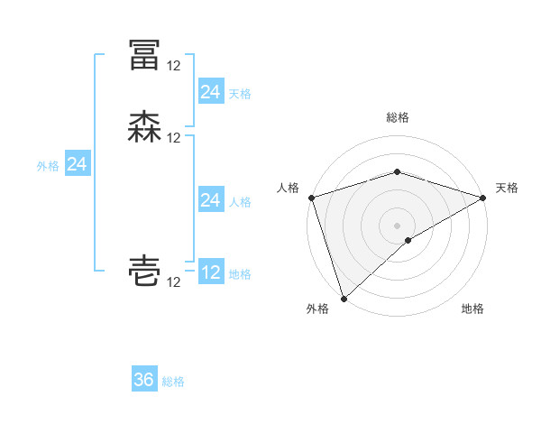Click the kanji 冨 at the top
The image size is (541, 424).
[x=144, y=55]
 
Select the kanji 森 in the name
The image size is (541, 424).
[x=144, y=127]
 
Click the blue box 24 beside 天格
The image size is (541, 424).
[x=210, y=91]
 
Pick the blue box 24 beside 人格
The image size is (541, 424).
[x=210, y=200]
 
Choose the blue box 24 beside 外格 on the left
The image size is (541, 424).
[x=78, y=164]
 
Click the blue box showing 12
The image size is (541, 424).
[x=211, y=272]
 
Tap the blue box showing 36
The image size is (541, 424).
[x=144, y=380]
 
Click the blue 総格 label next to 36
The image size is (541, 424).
[x=174, y=382]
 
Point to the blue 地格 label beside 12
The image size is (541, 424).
[x=240, y=274]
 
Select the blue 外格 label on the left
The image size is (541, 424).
[x=48, y=166]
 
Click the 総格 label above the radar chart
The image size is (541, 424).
[x=398, y=117]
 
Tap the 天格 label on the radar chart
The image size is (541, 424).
[x=507, y=188]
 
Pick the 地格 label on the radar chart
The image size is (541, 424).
[x=472, y=309]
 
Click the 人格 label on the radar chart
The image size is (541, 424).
[x=288, y=188]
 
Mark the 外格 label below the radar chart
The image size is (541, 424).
[x=317, y=309]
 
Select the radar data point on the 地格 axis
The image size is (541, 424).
[x=408, y=240]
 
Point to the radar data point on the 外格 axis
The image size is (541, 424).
[x=344, y=298]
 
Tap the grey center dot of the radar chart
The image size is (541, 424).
[x=398, y=225]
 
